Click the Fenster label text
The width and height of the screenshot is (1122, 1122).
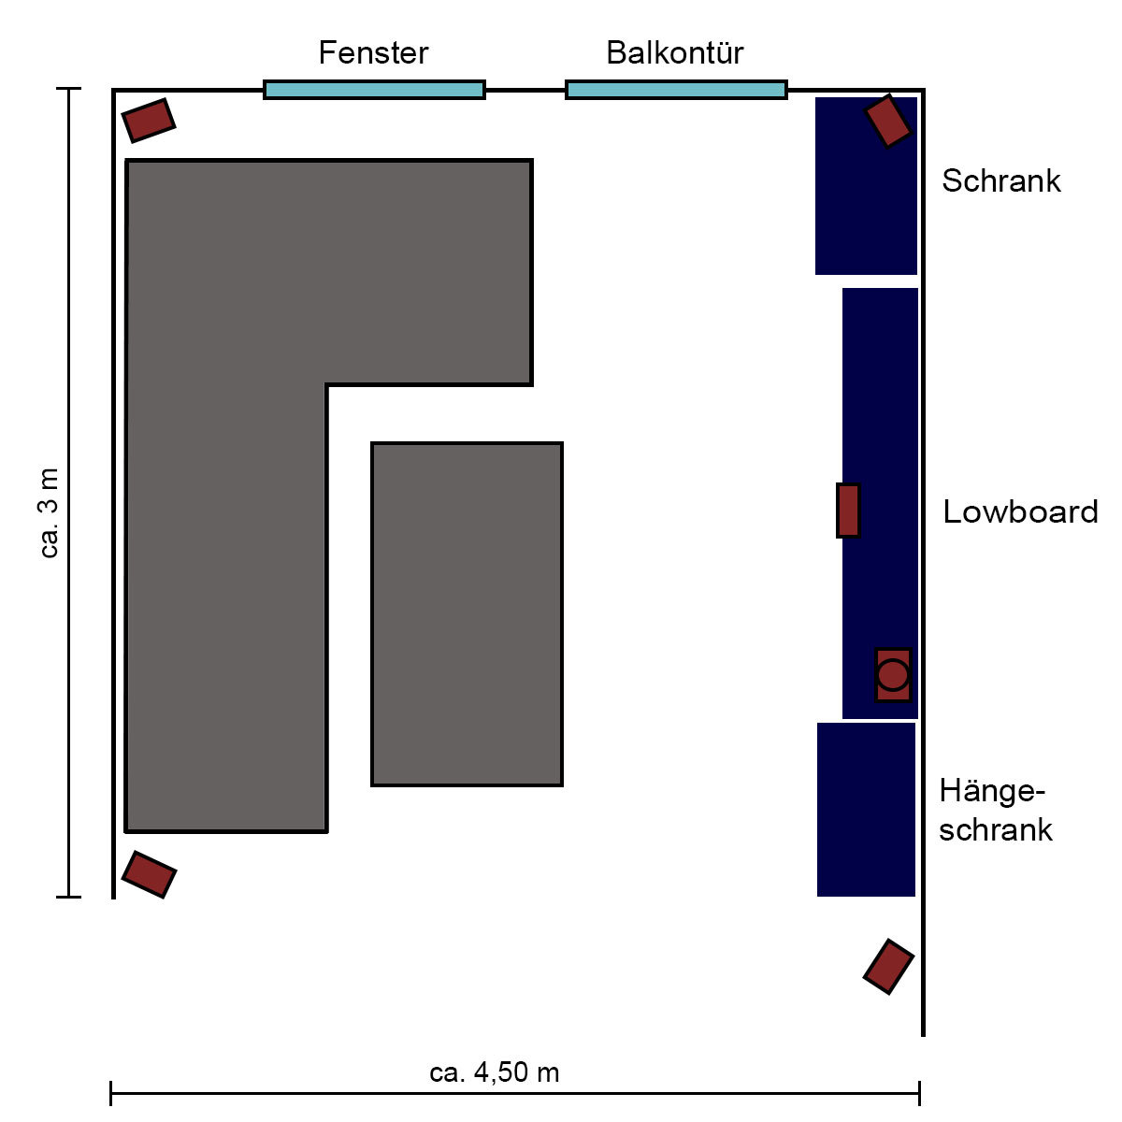tap(373, 53)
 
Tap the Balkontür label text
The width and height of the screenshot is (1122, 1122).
tap(675, 53)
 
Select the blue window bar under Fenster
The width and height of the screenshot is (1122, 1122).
tap(374, 90)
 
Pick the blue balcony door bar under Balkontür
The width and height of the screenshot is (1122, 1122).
tap(676, 90)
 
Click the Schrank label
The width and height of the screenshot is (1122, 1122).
tap(1000, 180)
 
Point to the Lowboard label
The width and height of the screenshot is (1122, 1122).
tap(1020, 511)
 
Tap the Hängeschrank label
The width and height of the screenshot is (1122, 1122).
tap(995, 810)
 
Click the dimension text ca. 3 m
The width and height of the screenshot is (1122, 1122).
tap(50, 513)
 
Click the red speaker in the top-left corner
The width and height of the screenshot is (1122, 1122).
tap(149, 121)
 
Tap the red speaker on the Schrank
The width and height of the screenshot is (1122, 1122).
tap(887, 122)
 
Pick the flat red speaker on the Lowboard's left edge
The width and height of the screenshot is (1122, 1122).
tap(848, 511)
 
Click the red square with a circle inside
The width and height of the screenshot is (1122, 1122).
tap(893, 675)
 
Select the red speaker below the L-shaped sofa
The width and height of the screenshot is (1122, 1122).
tap(149, 874)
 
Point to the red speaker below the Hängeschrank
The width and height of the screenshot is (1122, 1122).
tap(888, 967)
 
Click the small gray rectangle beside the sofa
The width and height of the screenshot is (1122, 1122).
tap(467, 614)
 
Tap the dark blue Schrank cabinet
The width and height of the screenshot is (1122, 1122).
tap(866, 186)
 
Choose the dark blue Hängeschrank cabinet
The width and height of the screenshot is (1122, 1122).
tap(866, 810)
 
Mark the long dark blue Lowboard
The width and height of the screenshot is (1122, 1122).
tap(881, 504)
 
